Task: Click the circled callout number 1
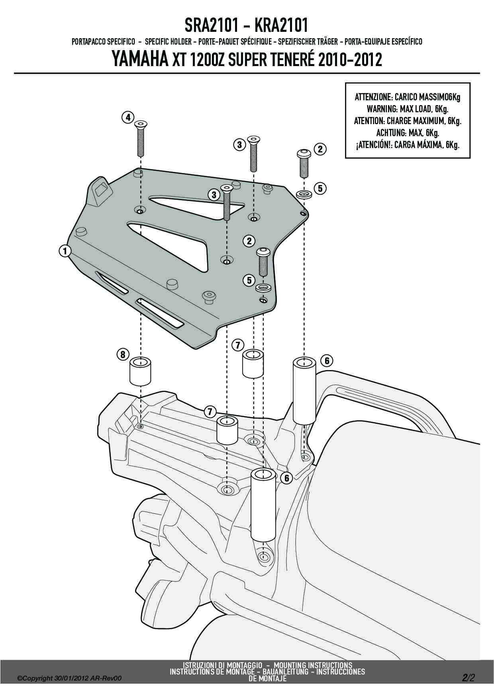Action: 65,251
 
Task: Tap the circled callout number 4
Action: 127,117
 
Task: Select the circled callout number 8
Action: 123,353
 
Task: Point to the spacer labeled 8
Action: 141,371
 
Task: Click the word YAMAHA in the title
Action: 138,60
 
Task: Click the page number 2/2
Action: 469,677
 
